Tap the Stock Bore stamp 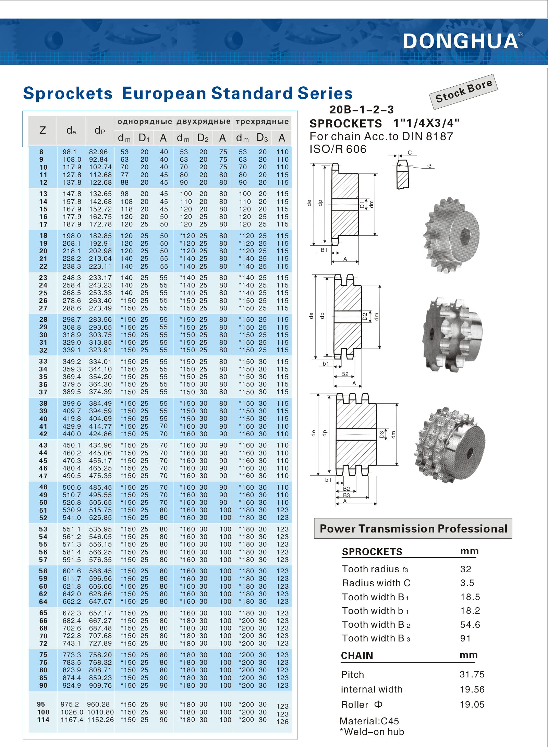(463, 91)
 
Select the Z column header (42, 131)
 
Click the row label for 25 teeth (43, 293)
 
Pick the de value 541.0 (72, 518)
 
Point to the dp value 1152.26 (100, 720)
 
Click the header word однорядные (144, 122)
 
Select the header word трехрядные (262, 122)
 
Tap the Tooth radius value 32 (465, 569)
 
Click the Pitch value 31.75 (472, 675)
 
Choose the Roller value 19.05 (472, 705)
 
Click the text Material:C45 (369, 721)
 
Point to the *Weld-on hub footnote (372, 732)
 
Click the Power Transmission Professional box (413, 529)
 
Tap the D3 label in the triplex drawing (381, 434)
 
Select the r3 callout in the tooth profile (429, 166)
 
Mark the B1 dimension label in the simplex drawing (324, 250)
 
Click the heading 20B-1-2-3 (362, 110)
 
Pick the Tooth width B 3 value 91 (465, 638)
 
